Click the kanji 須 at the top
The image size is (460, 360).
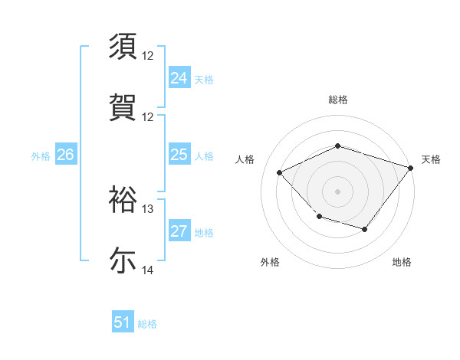(123, 47)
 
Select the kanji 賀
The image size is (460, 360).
(123, 107)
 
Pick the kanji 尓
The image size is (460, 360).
(123, 260)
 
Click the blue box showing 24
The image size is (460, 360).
(179, 78)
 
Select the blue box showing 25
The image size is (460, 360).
(179, 155)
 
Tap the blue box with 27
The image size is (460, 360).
(179, 232)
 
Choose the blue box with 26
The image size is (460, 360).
(65, 155)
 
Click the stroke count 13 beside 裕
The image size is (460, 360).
(148, 209)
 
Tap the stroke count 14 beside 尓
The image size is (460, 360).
(148, 270)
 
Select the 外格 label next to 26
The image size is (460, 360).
(41, 155)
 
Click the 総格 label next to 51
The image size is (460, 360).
(147, 324)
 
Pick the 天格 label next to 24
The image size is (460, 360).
(203, 79)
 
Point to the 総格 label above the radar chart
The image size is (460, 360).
(337, 100)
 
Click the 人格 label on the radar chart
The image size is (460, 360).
(245, 159)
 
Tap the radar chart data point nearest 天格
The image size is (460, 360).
(412, 167)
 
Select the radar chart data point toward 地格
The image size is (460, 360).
(365, 229)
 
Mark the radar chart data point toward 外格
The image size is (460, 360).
(319, 217)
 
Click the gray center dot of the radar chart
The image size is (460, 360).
(337, 191)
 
